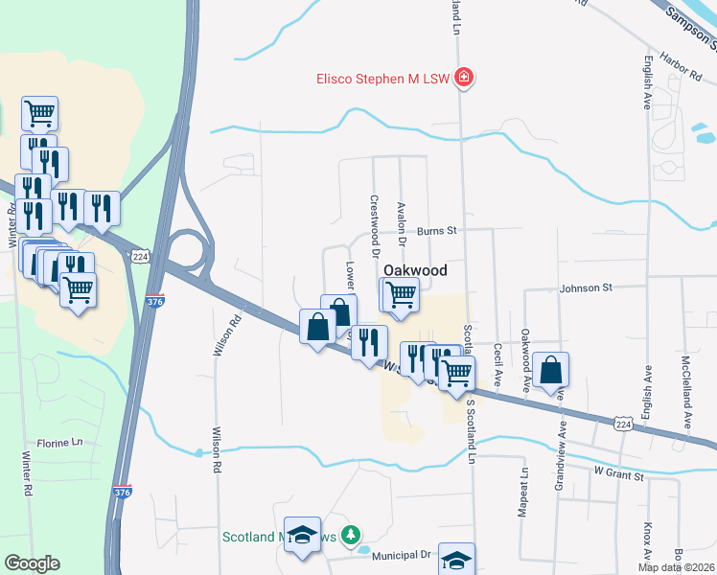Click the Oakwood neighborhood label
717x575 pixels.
click(x=415, y=271)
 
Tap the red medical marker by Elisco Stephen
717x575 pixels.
click(x=464, y=77)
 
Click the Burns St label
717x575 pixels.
click(x=438, y=231)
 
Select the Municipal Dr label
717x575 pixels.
click(x=407, y=555)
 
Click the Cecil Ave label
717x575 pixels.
click(x=498, y=365)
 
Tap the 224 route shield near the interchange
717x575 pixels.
click(x=141, y=257)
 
